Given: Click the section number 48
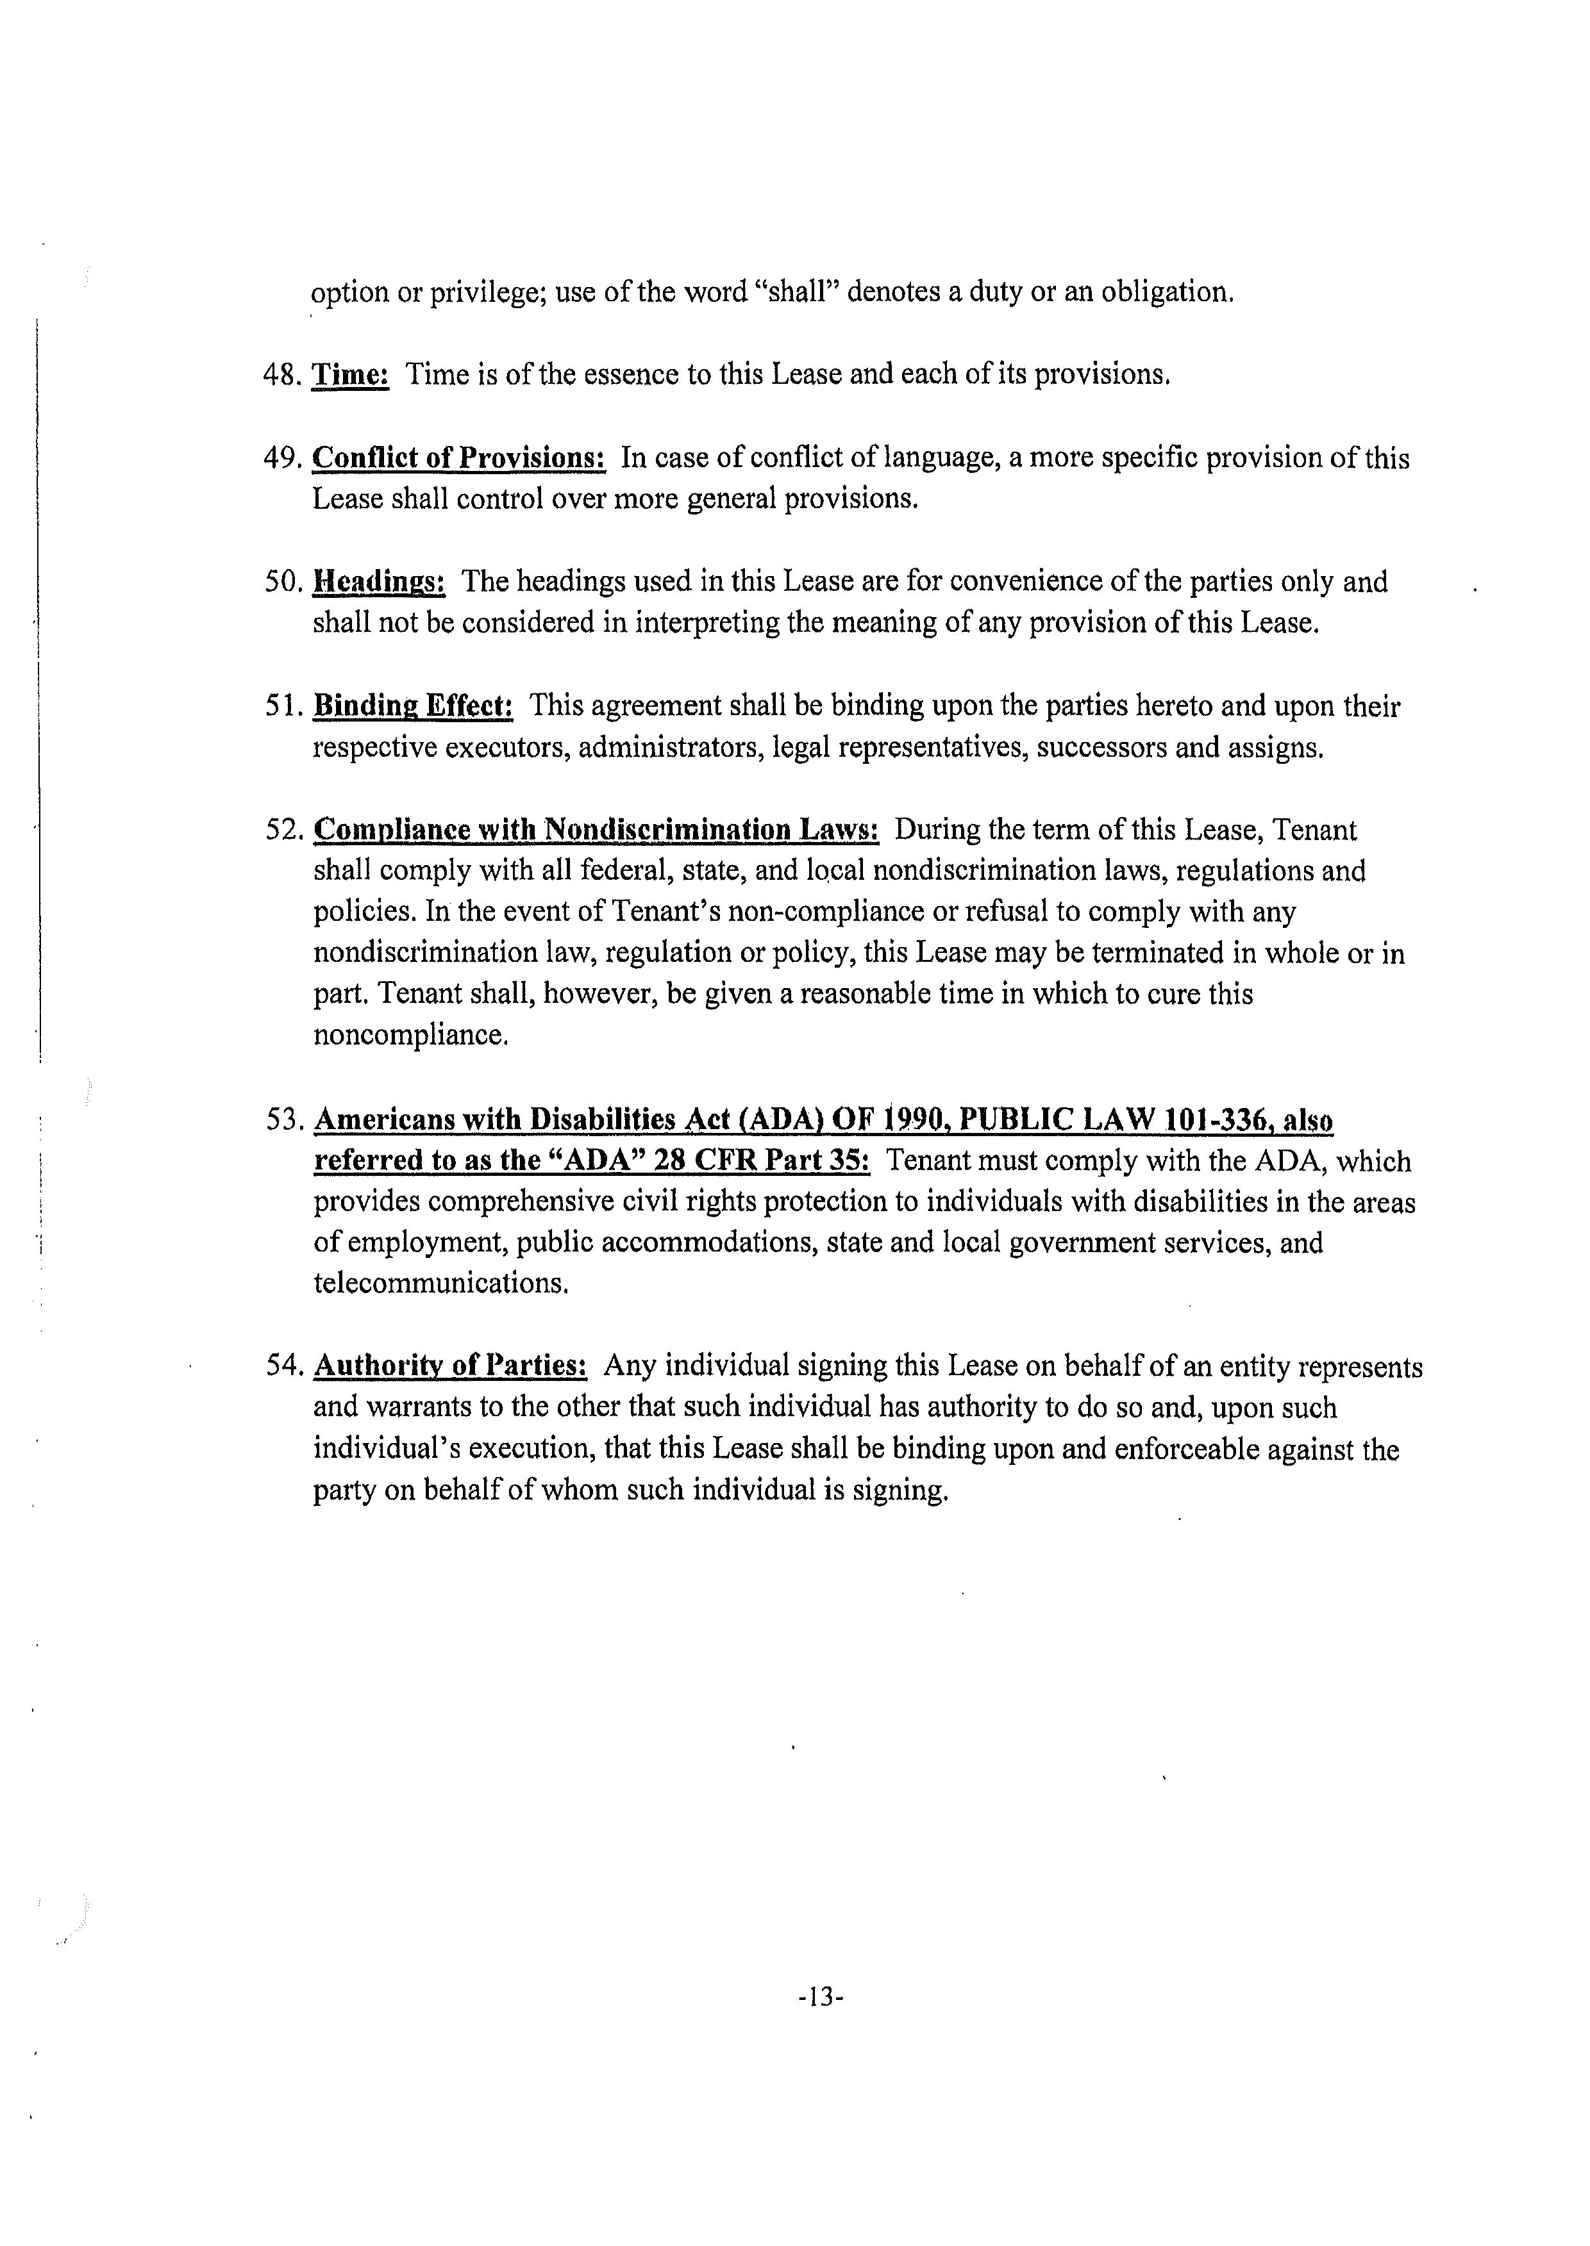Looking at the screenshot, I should click(x=282, y=375).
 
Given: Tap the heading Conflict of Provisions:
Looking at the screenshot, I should click(x=458, y=458).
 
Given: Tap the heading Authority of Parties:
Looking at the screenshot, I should click(x=450, y=1365).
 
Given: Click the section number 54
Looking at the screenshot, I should click(x=282, y=1365).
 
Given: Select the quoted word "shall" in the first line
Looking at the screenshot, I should click(x=794, y=292).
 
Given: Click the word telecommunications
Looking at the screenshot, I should click(x=440, y=1283).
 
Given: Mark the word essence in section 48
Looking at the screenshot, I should click(x=619, y=375).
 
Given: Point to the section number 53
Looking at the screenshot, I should click(x=282, y=1119).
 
